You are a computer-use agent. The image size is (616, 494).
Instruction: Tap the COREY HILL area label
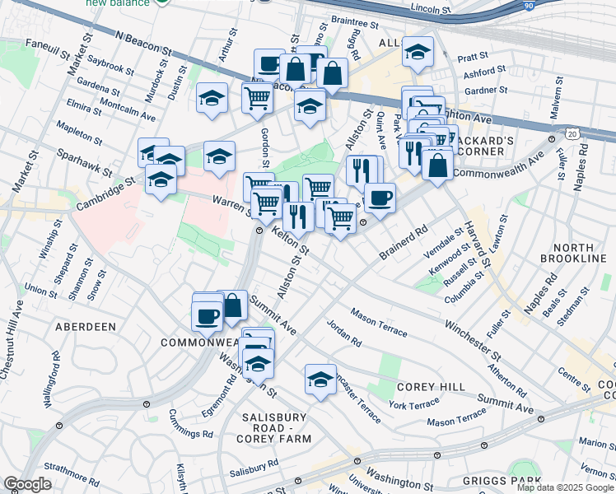[432, 386]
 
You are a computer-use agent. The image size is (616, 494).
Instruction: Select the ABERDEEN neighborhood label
[85, 327]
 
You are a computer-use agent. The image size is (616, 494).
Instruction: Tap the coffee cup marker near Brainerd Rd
[380, 198]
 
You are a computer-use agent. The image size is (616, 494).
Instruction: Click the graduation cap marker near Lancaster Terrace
[320, 379]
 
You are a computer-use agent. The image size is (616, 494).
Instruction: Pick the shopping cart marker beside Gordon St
[257, 97]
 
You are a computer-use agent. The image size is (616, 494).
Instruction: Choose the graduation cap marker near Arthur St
[212, 99]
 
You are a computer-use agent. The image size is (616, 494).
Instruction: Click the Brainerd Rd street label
[405, 240]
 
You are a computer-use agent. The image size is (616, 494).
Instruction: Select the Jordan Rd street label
[343, 332]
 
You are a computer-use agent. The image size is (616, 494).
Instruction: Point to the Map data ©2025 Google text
[564, 487]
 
